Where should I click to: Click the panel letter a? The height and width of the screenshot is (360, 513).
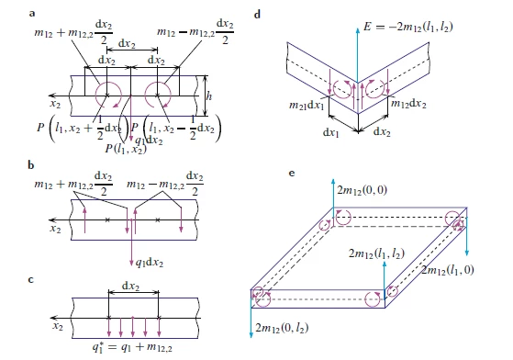pyautogui.click(x=32, y=14)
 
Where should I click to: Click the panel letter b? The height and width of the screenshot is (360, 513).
pyautogui.click(x=31, y=165)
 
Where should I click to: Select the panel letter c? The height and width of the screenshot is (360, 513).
pyautogui.click(x=31, y=280)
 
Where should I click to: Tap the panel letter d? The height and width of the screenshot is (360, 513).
pyautogui.click(x=258, y=15)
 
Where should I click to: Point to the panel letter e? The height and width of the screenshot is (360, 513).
pyautogui.click(x=292, y=174)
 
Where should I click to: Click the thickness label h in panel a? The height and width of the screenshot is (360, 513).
pyautogui.click(x=209, y=96)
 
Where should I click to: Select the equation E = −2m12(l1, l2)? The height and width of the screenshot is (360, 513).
pyautogui.click(x=408, y=27)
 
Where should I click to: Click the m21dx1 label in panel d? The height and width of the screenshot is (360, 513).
pyautogui.click(x=307, y=105)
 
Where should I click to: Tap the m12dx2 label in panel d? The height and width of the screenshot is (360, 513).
pyautogui.click(x=409, y=104)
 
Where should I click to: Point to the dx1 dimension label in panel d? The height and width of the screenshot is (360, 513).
pyautogui.click(x=331, y=132)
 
